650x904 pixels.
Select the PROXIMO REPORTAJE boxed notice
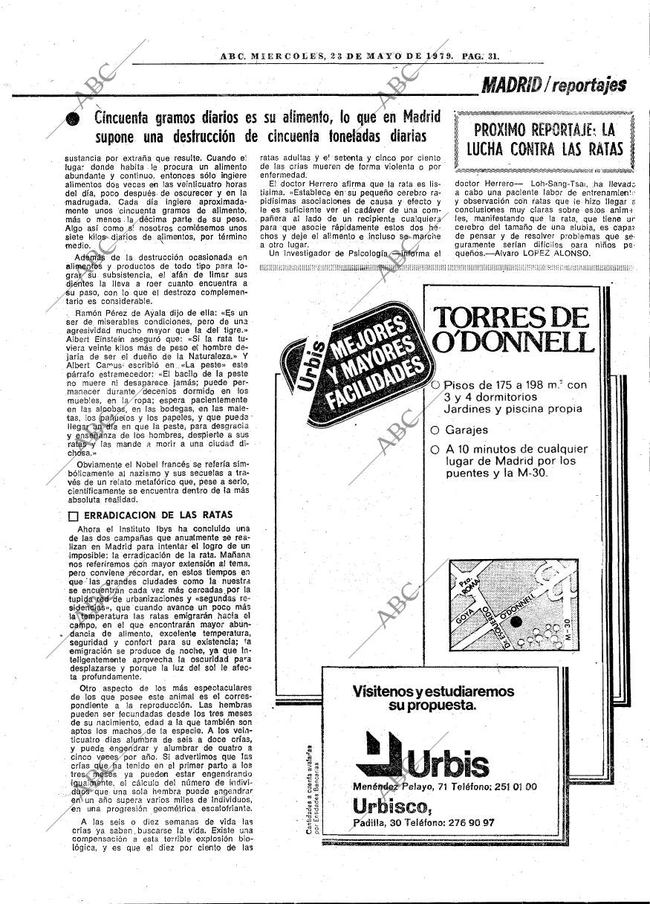point(544,139)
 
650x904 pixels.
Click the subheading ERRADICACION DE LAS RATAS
point(158,514)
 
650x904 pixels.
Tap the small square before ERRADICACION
point(73,515)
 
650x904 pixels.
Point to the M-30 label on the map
point(568,630)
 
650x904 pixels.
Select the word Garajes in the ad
point(467,430)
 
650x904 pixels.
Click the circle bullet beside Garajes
point(435,430)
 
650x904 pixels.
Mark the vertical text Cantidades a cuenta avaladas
point(308,790)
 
